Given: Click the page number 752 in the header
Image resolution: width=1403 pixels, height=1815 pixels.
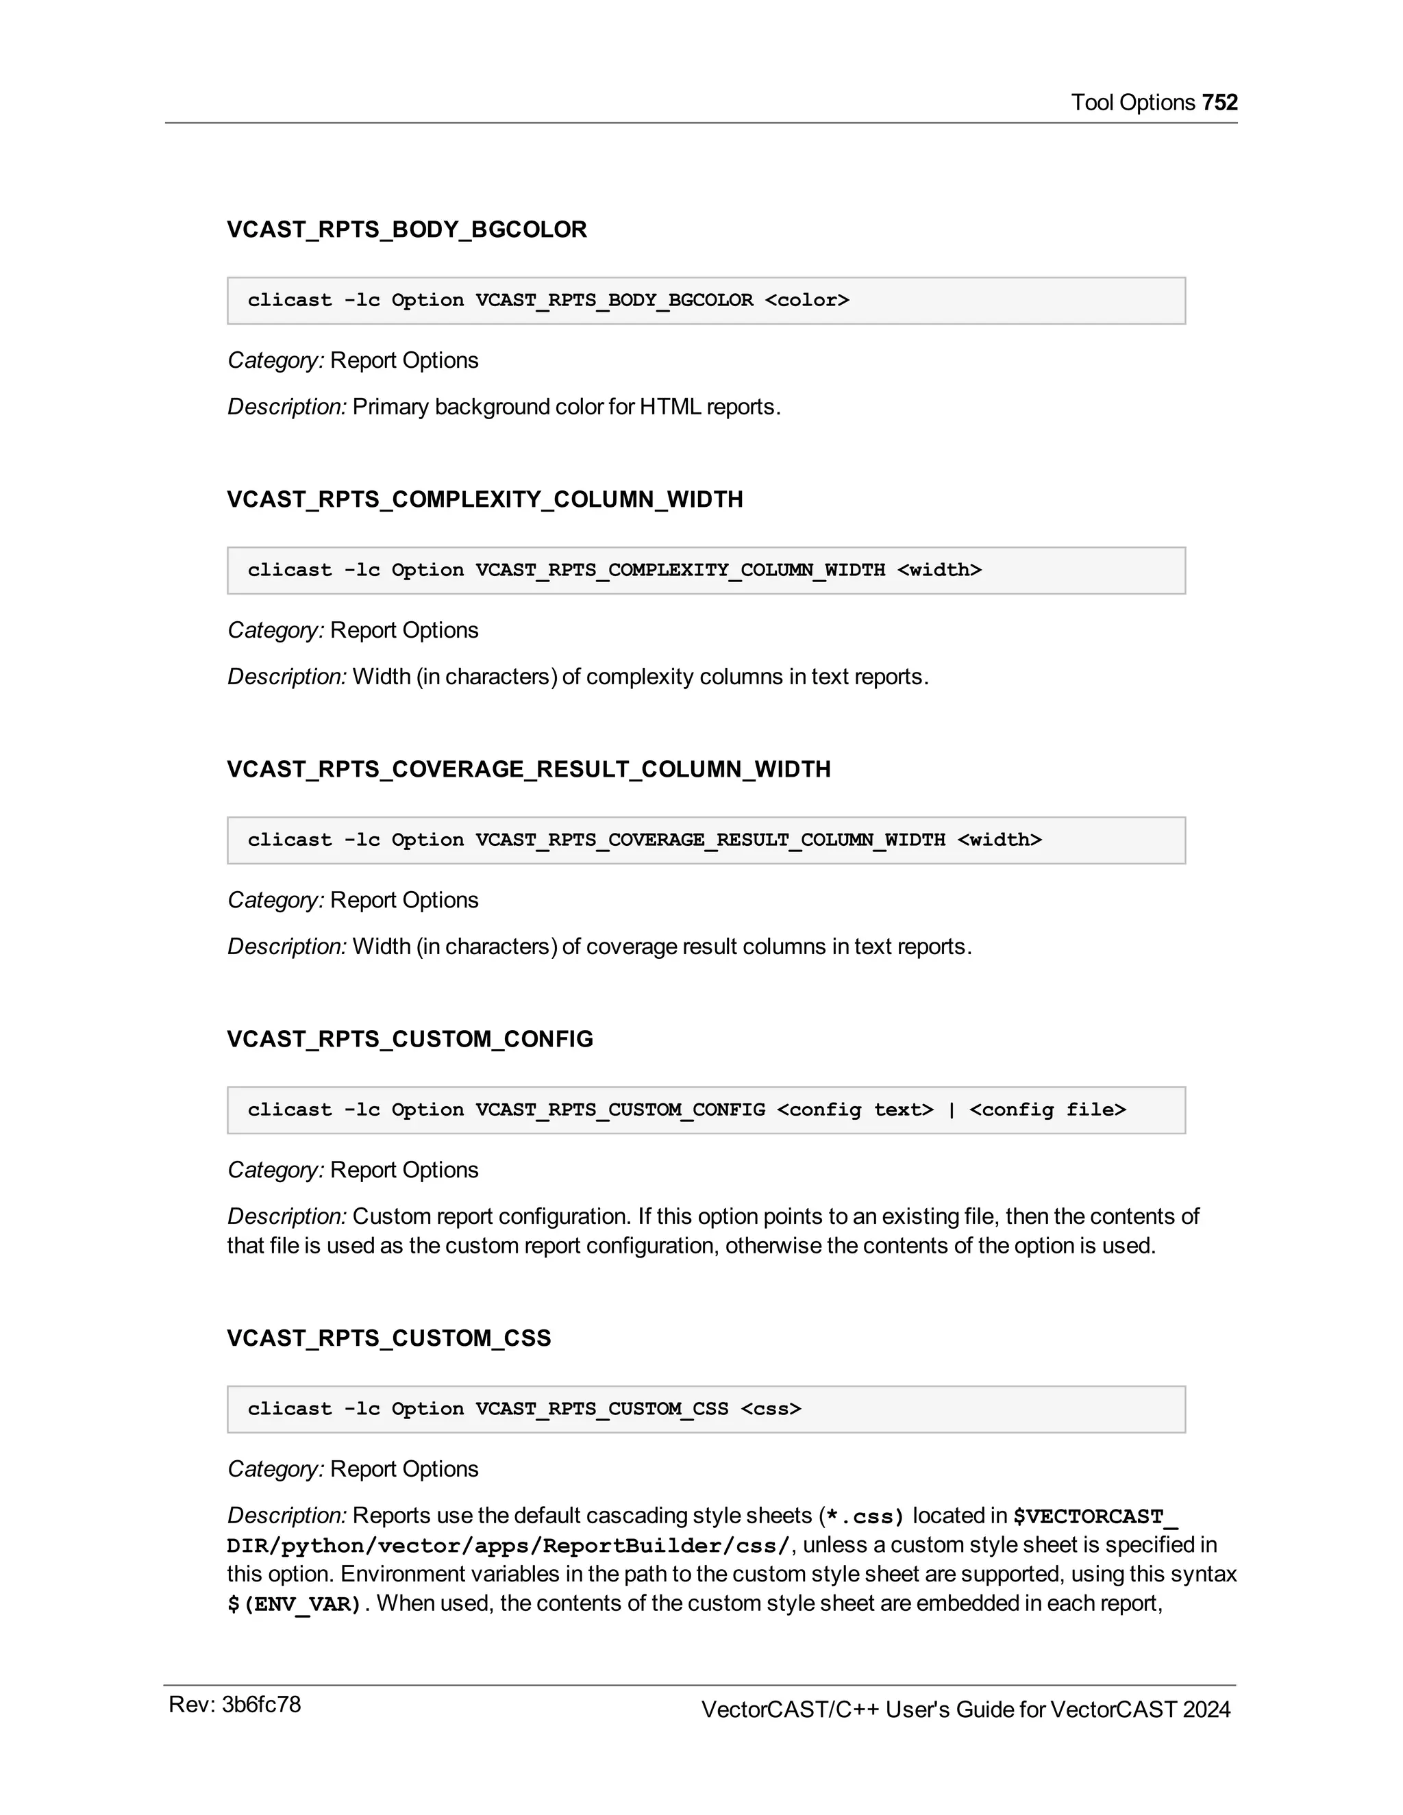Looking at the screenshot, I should click(x=1219, y=102).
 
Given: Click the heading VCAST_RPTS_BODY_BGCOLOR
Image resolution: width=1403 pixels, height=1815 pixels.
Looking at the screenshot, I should click(x=406, y=229).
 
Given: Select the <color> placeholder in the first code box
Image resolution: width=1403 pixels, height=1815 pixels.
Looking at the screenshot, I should click(x=806, y=300).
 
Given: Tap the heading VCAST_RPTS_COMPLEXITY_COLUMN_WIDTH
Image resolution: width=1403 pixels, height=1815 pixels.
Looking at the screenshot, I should click(x=484, y=499).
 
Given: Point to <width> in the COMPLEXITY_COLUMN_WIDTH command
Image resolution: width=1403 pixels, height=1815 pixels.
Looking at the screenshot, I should click(x=939, y=570).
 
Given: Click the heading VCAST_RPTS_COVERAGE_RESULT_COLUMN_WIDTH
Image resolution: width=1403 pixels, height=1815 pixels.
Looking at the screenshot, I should click(x=529, y=770).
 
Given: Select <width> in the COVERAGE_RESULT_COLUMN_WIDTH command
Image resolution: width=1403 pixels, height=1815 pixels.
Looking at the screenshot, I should click(x=999, y=840).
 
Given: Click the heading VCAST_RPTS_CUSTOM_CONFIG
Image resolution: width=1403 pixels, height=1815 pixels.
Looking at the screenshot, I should click(x=410, y=1040).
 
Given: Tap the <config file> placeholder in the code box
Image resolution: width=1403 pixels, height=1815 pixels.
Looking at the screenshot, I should click(x=1047, y=1110).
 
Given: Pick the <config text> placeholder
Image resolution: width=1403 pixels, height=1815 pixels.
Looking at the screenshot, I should click(x=854, y=1110).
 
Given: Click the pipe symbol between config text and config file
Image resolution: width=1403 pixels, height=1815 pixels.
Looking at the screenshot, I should click(x=951, y=1110).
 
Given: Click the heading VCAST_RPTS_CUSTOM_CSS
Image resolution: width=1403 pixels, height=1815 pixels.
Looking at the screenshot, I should click(x=389, y=1339).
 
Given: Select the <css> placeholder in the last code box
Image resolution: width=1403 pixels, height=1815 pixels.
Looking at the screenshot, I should click(x=771, y=1410).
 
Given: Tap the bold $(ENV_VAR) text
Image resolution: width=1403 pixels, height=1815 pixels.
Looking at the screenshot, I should click(x=294, y=1604).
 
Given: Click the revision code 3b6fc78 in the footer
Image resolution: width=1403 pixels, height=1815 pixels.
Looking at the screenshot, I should click(x=261, y=1705).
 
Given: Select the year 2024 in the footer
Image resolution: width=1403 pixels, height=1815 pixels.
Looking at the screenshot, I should click(x=1206, y=1710).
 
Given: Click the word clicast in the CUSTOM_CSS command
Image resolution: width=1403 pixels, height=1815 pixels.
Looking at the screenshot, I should click(x=289, y=1410).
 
